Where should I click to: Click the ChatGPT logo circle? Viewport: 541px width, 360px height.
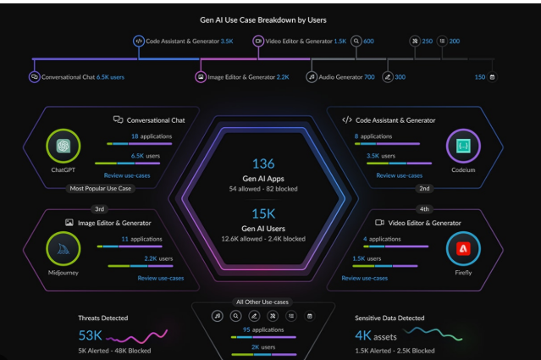(63, 146)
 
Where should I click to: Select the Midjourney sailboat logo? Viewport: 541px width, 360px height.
(63, 247)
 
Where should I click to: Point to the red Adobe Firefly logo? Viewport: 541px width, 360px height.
(462, 247)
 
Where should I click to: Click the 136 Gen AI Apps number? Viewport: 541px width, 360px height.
(263, 163)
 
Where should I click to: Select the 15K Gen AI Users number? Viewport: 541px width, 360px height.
(263, 214)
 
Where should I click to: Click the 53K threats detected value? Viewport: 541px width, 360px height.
(90, 336)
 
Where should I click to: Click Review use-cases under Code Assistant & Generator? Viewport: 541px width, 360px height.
(399, 174)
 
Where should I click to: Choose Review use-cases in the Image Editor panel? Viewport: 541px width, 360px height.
(161, 278)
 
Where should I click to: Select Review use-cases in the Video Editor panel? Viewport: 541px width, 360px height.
(364, 278)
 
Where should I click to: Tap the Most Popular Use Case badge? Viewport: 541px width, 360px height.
(101, 188)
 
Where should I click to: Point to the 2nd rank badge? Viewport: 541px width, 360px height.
(423, 188)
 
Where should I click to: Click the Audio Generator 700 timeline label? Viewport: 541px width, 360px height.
(346, 76)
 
